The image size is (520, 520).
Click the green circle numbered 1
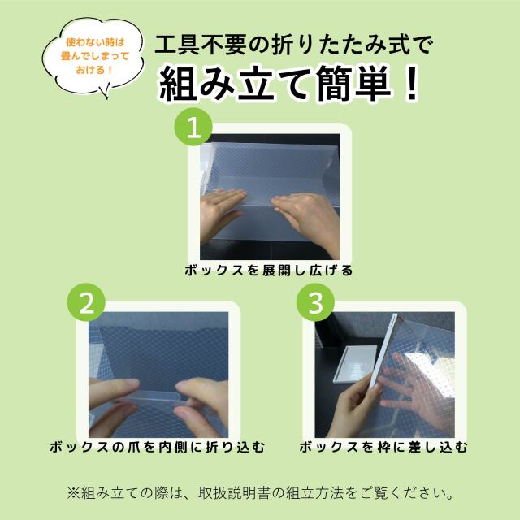point(193,127)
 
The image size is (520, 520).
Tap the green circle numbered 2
point(86,302)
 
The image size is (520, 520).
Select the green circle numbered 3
point(315,302)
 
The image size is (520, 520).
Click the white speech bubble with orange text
point(94,56)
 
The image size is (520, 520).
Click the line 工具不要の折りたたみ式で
point(294,45)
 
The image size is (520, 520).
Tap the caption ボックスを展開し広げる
point(269,271)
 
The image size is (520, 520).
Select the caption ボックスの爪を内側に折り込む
point(158,448)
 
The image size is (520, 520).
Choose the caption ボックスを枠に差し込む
point(383,448)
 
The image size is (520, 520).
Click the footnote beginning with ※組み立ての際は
point(261,493)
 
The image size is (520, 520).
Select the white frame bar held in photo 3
point(383,352)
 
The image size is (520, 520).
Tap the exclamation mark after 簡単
point(412,84)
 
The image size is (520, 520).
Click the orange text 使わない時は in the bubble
point(95,42)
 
